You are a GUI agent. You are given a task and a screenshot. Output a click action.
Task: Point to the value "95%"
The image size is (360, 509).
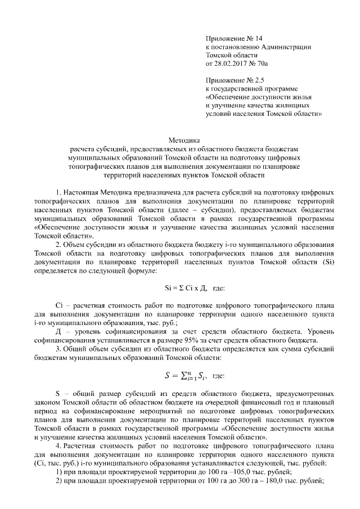(192, 340)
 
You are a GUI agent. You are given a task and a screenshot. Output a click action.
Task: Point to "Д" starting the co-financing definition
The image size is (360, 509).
(60, 331)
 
